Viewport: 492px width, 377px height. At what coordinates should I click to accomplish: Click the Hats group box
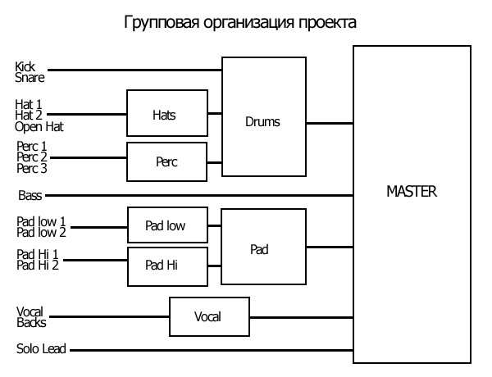[165, 114]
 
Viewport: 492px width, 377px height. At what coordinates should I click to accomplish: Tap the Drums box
[263, 122]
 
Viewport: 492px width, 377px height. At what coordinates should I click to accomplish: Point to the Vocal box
[208, 316]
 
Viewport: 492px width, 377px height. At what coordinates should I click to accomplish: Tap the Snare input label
[30, 78]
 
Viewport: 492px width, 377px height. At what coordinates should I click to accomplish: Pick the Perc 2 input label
[31, 157]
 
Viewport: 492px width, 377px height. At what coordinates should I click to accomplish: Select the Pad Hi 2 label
[37, 265]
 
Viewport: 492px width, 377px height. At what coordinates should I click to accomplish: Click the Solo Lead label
[40, 350]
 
